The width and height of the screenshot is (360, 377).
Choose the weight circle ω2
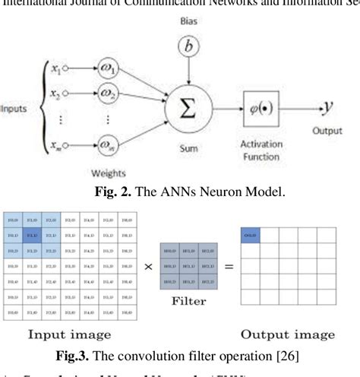point(111,98)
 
